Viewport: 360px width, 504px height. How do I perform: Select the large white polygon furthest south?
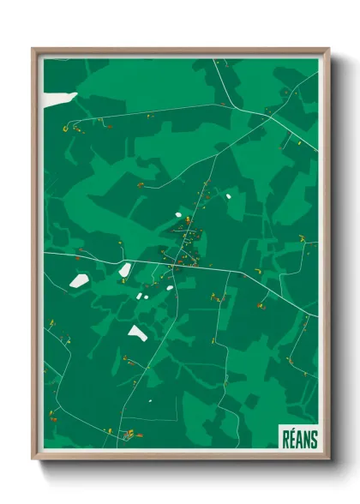pos(137,331)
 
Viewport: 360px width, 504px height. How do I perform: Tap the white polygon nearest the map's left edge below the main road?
pos(79,280)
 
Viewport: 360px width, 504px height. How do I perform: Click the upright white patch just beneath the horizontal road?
pos(125,270)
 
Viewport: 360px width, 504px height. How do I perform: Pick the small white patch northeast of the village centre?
pos(229,194)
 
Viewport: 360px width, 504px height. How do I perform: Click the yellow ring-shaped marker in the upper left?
pos(65,129)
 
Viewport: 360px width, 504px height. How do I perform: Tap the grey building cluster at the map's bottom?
pos(129,435)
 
